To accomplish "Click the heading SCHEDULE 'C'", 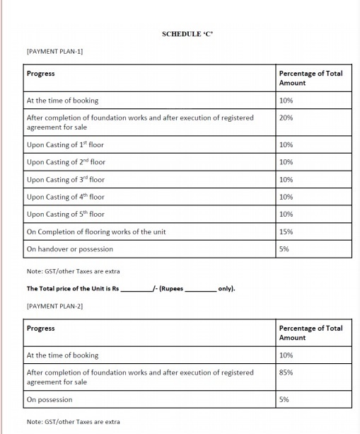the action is (x=187, y=34).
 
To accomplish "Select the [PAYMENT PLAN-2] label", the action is (x=54, y=306).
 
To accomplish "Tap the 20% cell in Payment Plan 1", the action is (x=286, y=118).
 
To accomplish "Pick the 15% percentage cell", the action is (x=286, y=232).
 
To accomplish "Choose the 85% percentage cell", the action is (x=286, y=372).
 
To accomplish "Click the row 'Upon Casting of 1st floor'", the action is (x=65, y=145).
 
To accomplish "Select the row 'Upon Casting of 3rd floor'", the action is (x=65, y=180).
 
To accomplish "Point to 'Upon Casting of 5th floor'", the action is (x=65, y=215).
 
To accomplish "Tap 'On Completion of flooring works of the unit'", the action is (x=96, y=232).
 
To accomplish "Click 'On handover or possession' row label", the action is (x=69, y=249).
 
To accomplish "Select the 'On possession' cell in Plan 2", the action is (x=49, y=400).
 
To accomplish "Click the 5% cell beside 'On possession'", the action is (x=284, y=400).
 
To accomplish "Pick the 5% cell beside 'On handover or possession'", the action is (x=284, y=249).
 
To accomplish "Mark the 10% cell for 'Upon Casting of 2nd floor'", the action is (x=286, y=162).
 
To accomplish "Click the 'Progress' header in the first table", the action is (x=40, y=74).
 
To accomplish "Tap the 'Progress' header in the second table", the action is (x=40, y=329).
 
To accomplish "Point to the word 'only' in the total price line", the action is (x=226, y=289).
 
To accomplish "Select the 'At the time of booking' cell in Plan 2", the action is (x=62, y=355).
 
